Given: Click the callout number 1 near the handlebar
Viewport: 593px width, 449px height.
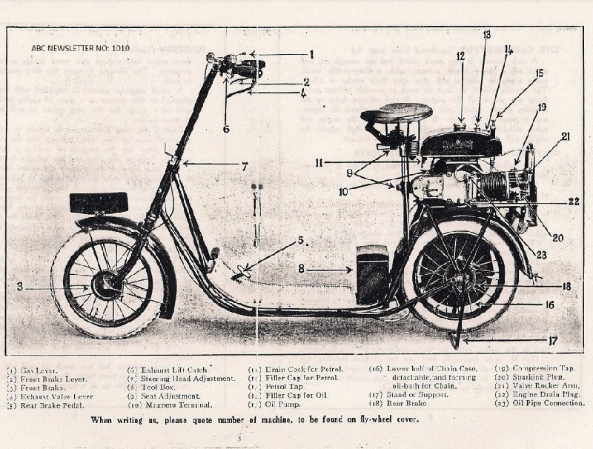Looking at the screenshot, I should coord(312,54).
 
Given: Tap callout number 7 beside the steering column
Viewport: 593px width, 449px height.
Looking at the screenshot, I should coord(245,167).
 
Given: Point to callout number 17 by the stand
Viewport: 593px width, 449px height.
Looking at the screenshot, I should coord(550,342).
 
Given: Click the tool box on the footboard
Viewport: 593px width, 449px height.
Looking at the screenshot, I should coord(372,273).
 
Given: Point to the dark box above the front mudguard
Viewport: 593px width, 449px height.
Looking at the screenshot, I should coord(99,202).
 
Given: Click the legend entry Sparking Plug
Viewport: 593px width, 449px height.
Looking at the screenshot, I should coord(535,377).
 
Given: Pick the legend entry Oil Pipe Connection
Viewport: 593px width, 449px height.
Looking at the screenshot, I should coord(543,404).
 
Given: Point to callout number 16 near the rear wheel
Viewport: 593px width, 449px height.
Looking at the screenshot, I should coord(549,304).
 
